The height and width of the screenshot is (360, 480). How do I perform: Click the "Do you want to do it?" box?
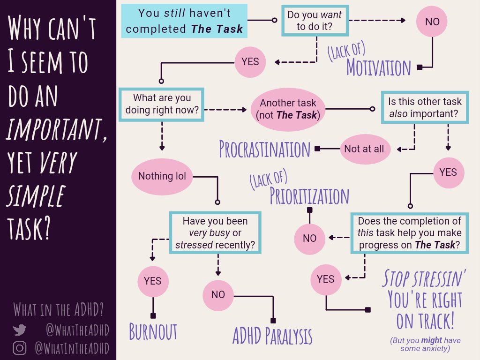[315, 21]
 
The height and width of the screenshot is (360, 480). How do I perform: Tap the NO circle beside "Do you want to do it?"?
[432, 21]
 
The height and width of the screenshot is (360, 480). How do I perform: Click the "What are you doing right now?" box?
[162, 105]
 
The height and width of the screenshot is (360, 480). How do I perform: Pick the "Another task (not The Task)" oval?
[288, 109]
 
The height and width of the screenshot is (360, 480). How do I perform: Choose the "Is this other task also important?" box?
[425, 107]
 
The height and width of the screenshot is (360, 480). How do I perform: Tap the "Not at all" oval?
[364, 149]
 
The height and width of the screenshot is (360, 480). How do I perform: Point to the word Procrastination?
[265, 149]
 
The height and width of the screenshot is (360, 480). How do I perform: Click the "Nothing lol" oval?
[162, 176]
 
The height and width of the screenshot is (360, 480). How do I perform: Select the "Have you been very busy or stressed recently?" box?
[215, 232]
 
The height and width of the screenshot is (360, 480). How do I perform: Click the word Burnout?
[153, 332]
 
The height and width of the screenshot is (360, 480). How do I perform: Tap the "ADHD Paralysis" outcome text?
[272, 336]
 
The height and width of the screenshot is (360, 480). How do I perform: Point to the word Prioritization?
[309, 196]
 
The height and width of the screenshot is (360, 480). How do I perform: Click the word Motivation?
[378, 67]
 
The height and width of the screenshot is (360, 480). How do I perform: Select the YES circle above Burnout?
[153, 281]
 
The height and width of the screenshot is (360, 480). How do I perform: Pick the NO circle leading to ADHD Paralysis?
[218, 295]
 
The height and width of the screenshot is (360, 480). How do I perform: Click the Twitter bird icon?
[20, 330]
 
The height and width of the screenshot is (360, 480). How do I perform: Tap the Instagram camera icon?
[20, 348]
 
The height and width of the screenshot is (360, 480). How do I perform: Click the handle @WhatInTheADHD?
[72, 348]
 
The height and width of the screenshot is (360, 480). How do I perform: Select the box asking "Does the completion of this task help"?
[409, 232]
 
